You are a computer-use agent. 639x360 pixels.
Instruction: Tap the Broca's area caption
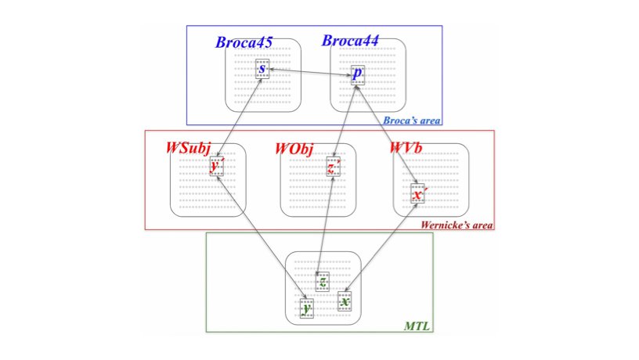click(x=411, y=121)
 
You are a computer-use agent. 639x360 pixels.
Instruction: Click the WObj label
click(x=299, y=148)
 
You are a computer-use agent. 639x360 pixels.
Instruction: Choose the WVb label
click(x=407, y=148)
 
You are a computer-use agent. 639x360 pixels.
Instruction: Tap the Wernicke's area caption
click(x=457, y=225)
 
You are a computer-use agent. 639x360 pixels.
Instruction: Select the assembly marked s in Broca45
click(x=262, y=69)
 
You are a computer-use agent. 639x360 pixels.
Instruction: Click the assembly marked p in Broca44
click(x=357, y=75)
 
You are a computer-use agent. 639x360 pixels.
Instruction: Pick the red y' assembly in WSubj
click(x=216, y=166)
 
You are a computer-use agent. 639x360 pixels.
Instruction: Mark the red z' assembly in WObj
click(x=333, y=167)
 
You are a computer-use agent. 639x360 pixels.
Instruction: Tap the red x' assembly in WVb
click(x=419, y=193)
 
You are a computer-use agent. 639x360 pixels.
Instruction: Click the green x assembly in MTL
click(x=345, y=301)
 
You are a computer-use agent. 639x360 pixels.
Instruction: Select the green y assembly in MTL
click(x=307, y=309)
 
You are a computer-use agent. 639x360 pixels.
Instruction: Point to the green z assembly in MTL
click(x=323, y=282)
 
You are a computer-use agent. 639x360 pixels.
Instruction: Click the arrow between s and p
click(x=309, y=72)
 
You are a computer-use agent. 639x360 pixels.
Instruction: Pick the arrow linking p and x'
click(x=387, y=132)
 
